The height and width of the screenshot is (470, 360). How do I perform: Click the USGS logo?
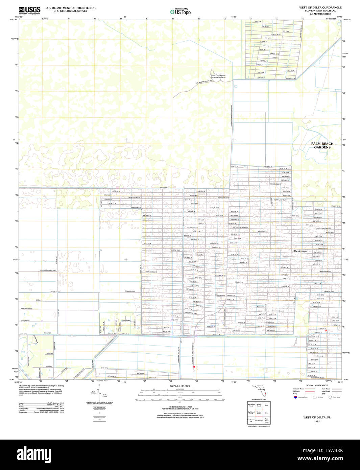tap(29, 10)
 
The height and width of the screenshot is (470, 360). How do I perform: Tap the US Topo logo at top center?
tap(180, 11)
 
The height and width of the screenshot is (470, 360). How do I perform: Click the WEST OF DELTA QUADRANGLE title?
tap(320, 7)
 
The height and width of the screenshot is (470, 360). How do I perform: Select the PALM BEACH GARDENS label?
tap(322, 145)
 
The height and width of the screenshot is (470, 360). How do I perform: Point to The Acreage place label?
tap(300, 251)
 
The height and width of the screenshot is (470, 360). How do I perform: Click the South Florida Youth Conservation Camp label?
tap(218, 76)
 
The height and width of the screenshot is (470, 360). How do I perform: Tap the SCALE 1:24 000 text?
tap(180, 386)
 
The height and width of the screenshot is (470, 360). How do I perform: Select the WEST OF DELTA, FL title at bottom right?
tap(317, 418)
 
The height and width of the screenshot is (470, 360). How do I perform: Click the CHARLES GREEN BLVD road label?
tap(48, 270)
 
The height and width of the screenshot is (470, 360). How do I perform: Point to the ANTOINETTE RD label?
tap(27, 309)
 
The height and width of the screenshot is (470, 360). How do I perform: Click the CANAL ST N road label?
tap(290, 78)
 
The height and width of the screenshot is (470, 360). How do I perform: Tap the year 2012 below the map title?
tap(317, 421)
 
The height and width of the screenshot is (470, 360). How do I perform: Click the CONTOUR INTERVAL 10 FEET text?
tap(180, 407)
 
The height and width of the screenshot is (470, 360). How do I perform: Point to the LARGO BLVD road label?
tap(274, 54)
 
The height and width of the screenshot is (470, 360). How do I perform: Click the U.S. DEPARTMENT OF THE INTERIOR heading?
tap(70, 8)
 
